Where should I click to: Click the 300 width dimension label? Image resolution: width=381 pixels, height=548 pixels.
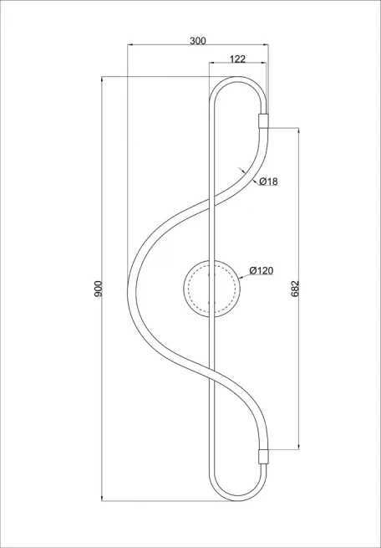[x=198, y=40]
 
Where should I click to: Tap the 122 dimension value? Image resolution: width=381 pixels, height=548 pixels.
[x=237, y=59]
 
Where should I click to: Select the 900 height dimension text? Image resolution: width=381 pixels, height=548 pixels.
[x=99, y=289]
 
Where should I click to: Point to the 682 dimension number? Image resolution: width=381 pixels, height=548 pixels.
[x=295, y=289]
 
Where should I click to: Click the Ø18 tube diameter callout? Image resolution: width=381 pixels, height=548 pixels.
[x=269, y=181]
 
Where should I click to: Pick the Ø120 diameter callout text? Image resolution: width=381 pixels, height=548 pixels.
[x=262, y=270]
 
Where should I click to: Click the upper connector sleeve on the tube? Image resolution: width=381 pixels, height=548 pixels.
[x=263, y=121]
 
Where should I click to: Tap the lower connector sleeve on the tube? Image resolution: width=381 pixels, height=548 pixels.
[x=263, y=457]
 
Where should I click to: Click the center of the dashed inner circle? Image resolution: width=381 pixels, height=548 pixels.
[x=211, y=289]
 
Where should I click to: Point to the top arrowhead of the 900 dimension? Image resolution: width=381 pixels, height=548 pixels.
[x=102, y=79]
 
